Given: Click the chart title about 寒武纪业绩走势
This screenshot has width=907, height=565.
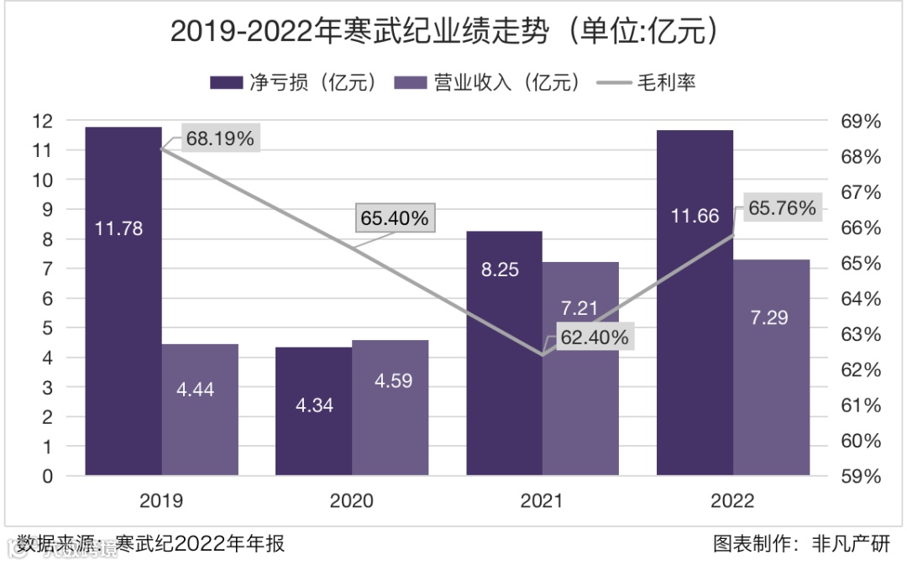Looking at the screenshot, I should point(446,31).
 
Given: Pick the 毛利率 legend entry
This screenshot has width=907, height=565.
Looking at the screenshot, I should point(647,82).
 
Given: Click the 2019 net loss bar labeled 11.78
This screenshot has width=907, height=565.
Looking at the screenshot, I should point(123,302).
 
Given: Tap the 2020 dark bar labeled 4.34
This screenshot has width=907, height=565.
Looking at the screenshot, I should point(314,411).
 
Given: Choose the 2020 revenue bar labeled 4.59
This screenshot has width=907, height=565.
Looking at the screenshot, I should point(391,408).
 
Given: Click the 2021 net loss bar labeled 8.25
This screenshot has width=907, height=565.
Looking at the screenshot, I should point(504,353).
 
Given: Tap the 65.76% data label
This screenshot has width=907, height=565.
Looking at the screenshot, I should point(782,208).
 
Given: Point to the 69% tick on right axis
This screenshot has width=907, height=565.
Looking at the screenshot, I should point(861,121).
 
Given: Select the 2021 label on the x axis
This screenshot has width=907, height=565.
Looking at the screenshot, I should point(542,501).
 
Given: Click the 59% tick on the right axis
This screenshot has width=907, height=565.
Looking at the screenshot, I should point(861,476).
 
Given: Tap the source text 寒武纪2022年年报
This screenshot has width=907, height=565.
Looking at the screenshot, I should point(201,544).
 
